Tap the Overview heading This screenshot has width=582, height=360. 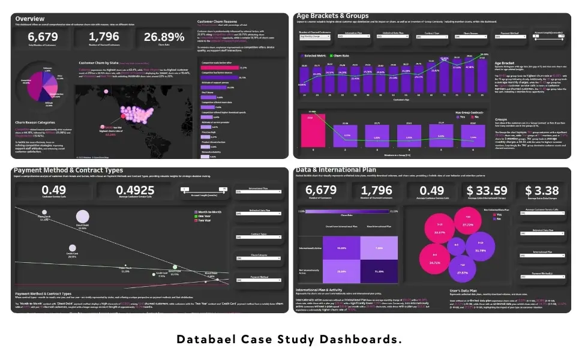29,19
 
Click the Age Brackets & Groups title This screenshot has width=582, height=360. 332,16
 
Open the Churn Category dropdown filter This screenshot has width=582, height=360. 258,259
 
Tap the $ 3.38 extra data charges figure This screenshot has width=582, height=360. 541,190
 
